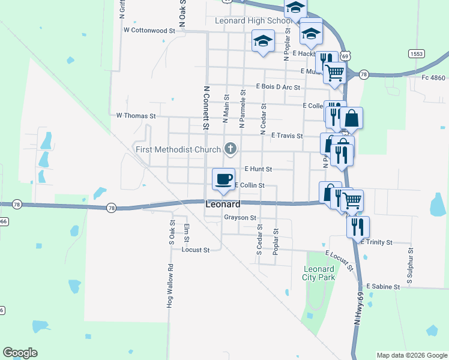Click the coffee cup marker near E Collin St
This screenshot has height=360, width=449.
[223, 179]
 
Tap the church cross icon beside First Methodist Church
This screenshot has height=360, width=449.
[230, 148]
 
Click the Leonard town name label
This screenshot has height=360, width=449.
[223, 204]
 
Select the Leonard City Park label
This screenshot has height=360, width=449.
[318, 273]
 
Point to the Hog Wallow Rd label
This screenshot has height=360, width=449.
[170, 287]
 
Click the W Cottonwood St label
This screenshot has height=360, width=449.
[149, 29]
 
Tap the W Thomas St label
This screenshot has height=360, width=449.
[136, 115]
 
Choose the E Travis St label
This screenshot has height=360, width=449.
[287, 136]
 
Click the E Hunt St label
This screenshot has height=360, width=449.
[258, 170]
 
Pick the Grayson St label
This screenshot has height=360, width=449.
[240, 218]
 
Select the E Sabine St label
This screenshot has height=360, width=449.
[383, 287]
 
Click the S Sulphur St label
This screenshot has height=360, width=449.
[411, 265]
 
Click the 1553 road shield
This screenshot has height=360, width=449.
[417, 54]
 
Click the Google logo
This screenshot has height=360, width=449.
[20, 352]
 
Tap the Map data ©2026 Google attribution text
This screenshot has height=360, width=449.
[412, 355]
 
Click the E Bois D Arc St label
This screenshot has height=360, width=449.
[277, 86]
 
